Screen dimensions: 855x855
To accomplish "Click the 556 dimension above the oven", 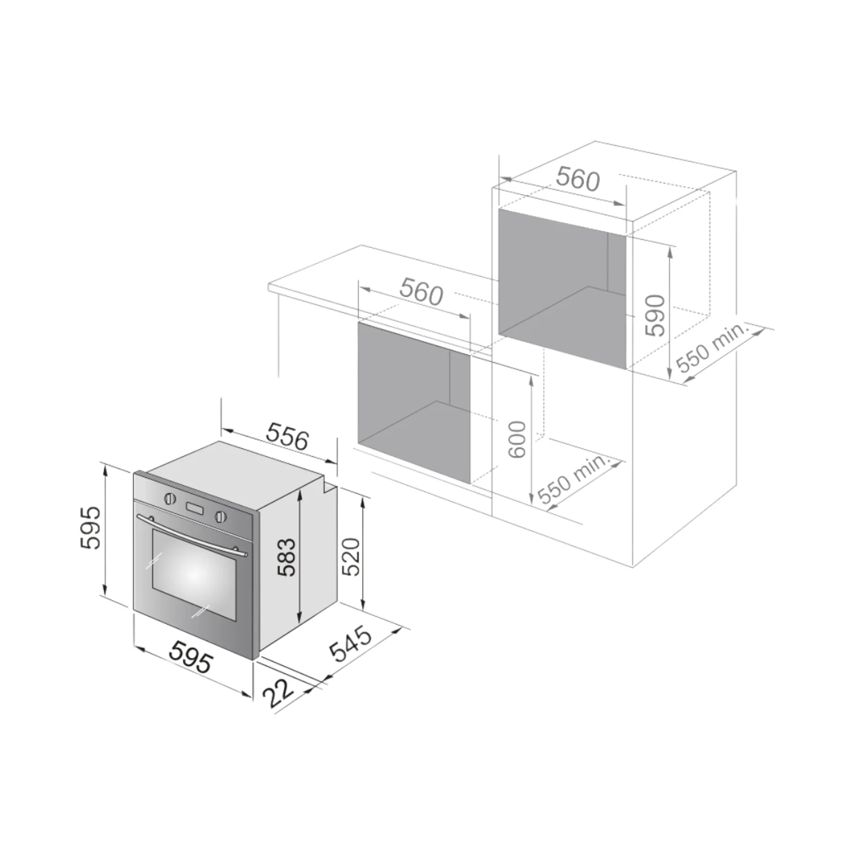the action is [x=287, y=436].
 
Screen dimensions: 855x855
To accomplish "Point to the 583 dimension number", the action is [x=286, y=557].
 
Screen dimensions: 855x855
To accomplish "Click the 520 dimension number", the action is [x=351, y=557].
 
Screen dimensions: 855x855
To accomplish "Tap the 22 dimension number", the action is [x=278, y=693].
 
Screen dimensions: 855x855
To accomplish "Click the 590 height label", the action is [x=655, y=315].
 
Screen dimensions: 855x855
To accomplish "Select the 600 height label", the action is [x=517, y=439].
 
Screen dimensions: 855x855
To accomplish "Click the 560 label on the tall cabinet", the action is [x=578, y=179].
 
